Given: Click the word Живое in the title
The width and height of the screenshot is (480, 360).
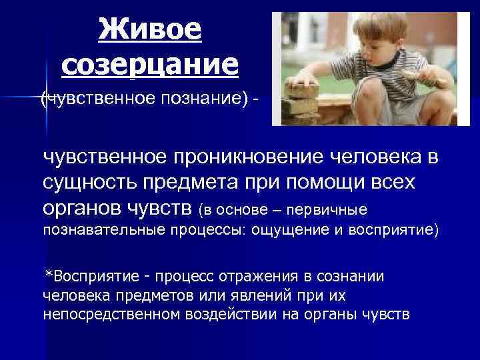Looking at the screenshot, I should (149, 29).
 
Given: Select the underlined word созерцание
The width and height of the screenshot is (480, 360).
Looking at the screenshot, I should (149, 64).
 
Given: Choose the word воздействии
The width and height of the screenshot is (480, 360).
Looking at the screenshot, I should (229, 313).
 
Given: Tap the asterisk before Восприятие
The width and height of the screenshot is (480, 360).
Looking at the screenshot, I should (48, 275).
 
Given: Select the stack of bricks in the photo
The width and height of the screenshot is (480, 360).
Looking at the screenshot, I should (303, 100).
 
